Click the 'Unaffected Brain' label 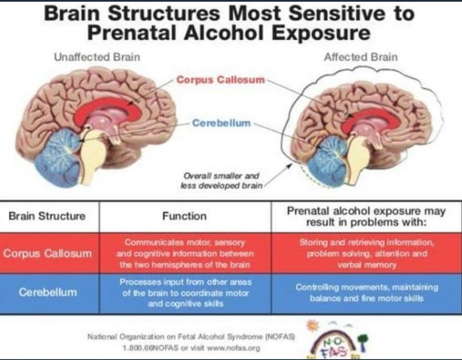pos(97,57)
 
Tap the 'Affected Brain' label pos(361,57)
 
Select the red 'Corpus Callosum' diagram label pos(221,80)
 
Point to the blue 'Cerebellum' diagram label pos(221,123)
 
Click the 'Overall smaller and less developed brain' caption pos(221,181)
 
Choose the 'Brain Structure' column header pos(47,216)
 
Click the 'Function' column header pos(184,216)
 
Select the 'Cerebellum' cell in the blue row pos(48,292)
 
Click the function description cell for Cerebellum pos(185,293)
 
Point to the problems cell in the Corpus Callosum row pos(367,253)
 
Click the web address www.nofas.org pos(234,348)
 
